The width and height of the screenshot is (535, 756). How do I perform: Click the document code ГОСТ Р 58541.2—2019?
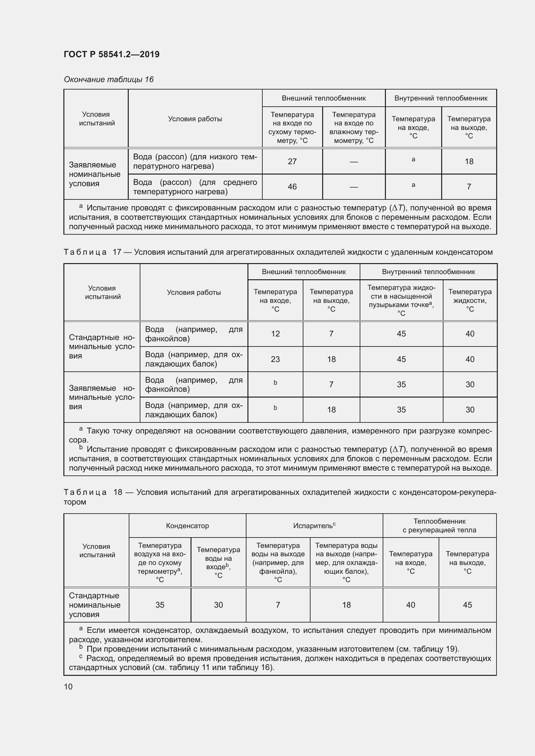(112, 54)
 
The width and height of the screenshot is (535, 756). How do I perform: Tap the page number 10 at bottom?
(68, 687)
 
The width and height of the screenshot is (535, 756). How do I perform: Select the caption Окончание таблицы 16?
(109, 80)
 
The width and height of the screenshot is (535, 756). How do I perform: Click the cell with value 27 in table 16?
(292, 161)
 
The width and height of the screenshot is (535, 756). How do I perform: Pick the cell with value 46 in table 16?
(292, 187)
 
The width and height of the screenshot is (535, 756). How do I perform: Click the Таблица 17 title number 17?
(117, 252)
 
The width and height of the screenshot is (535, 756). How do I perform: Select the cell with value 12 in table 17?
(275, 334)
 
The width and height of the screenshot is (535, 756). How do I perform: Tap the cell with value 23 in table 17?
(275, 359)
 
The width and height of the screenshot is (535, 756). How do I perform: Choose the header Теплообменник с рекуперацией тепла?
(439, 526)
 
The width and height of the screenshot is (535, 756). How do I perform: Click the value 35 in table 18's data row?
(160, 605)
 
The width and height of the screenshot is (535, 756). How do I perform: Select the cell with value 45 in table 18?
(467, 605)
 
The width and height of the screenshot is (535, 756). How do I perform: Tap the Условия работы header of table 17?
(194, 293)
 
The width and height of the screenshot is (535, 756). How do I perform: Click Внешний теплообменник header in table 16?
(323, 98)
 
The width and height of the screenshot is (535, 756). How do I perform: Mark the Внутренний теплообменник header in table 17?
(428, 272)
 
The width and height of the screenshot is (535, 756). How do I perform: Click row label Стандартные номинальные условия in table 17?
(102, 347)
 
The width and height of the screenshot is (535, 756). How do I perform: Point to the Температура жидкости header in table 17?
(470, 300)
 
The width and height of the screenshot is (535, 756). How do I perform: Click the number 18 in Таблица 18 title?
(118, 492)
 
